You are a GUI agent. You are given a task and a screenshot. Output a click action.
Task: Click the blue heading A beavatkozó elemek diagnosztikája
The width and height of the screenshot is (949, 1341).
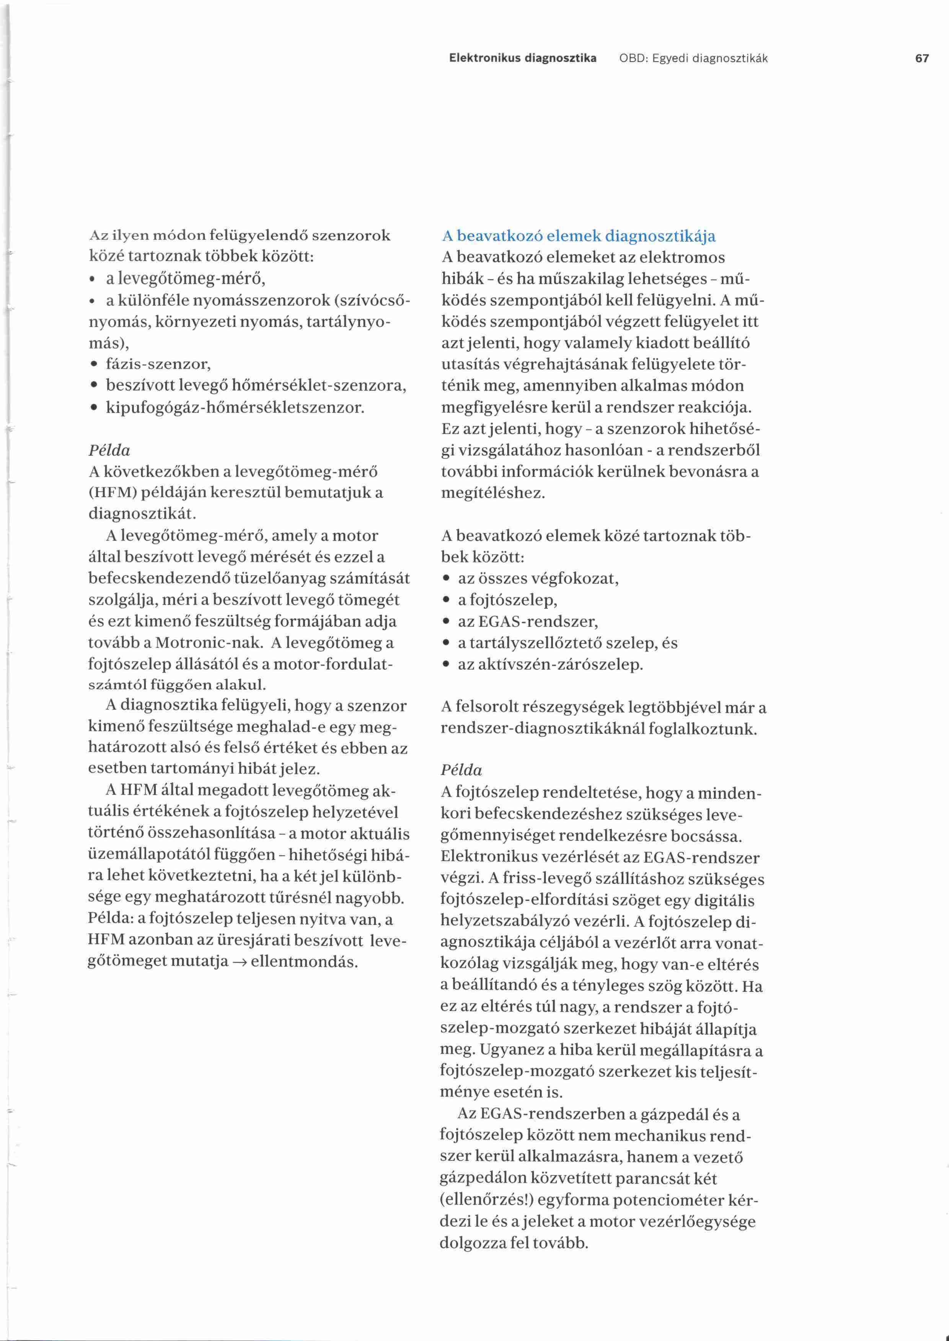click(x=579, y=237)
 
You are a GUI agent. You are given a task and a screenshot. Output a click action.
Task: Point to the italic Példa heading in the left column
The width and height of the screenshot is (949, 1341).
click(x=109, y=450)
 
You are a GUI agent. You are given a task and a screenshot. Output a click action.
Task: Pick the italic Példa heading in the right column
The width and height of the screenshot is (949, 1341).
click(x=461, y=770)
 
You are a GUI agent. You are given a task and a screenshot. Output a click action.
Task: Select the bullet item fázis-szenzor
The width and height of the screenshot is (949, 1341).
click(x=158, y=364)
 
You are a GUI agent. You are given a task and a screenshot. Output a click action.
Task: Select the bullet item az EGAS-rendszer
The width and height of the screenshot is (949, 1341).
click(x=528, y=621)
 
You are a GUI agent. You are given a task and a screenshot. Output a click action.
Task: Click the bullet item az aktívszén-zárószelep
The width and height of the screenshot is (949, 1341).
click(x=550, y=664)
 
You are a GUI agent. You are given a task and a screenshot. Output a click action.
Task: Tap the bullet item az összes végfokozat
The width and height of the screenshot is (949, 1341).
click(x=538, y=578)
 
